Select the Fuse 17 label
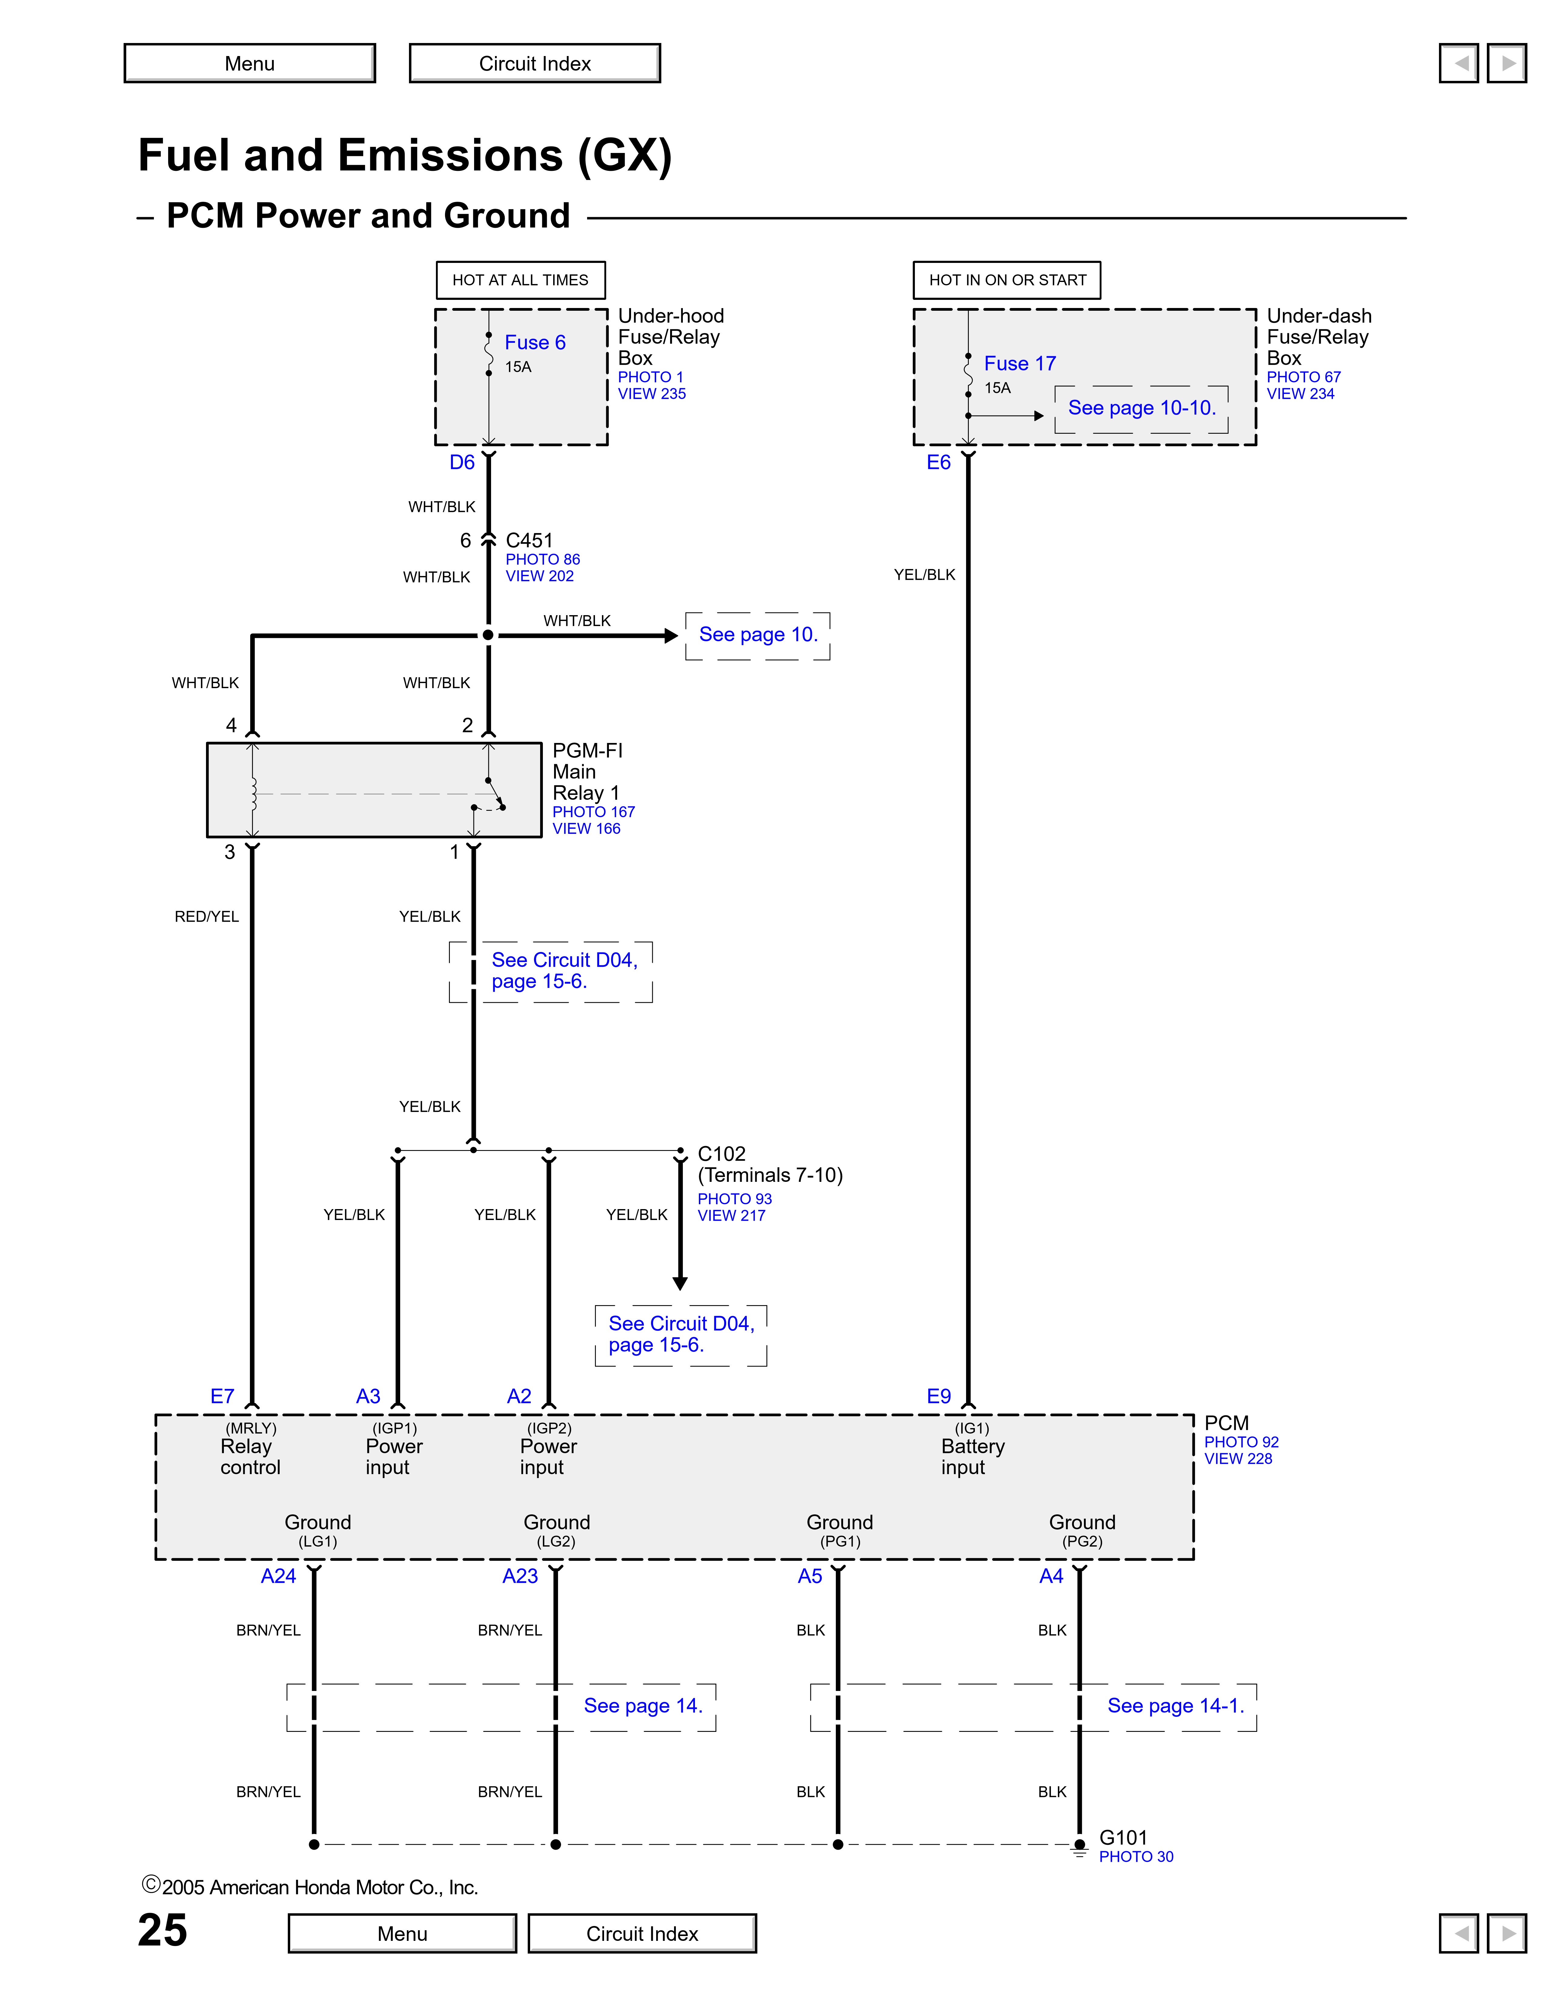tap(1020, 363)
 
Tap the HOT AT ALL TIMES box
tap(520, 280)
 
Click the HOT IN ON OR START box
tap(1007, 280)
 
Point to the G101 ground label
tap(1123, 1837)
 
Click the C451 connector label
tap(529, 540)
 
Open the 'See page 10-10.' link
tap(1141, 408)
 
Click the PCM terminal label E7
tap(222, 1396)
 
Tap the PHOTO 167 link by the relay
tap(593, 812)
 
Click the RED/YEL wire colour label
tap(207, 916)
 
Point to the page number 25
tap(163, 1930)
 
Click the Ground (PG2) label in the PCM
tap(1082, 1530)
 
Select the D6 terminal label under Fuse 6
tap(462, 462)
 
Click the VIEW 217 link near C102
tap(731, 1215)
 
